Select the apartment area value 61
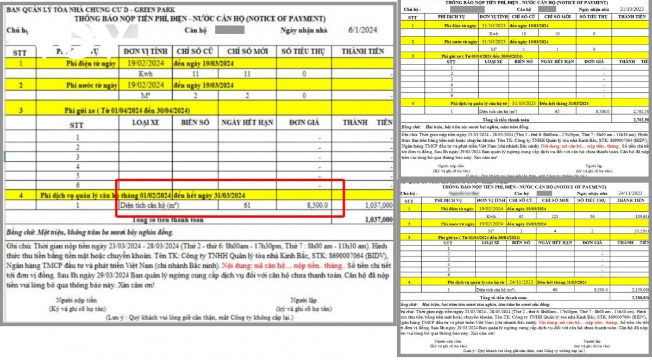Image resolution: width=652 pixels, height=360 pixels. coord(247,205)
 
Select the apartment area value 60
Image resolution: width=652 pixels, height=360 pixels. coord(555,289)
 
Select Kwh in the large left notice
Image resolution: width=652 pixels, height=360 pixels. coord(145,73)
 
